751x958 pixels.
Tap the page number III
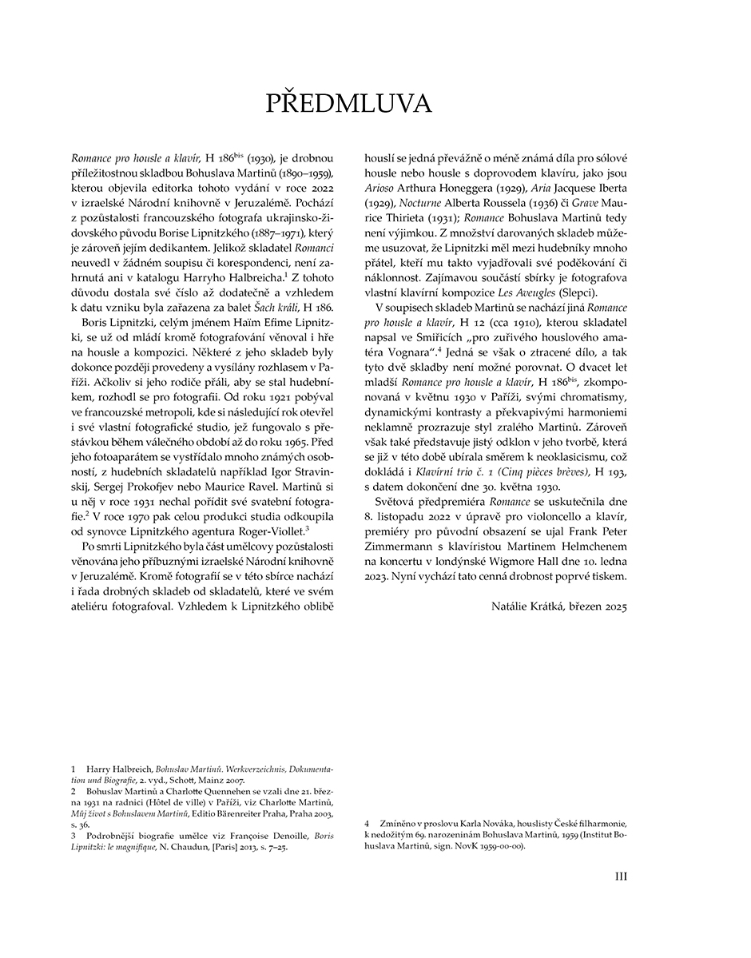pos(619,876)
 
